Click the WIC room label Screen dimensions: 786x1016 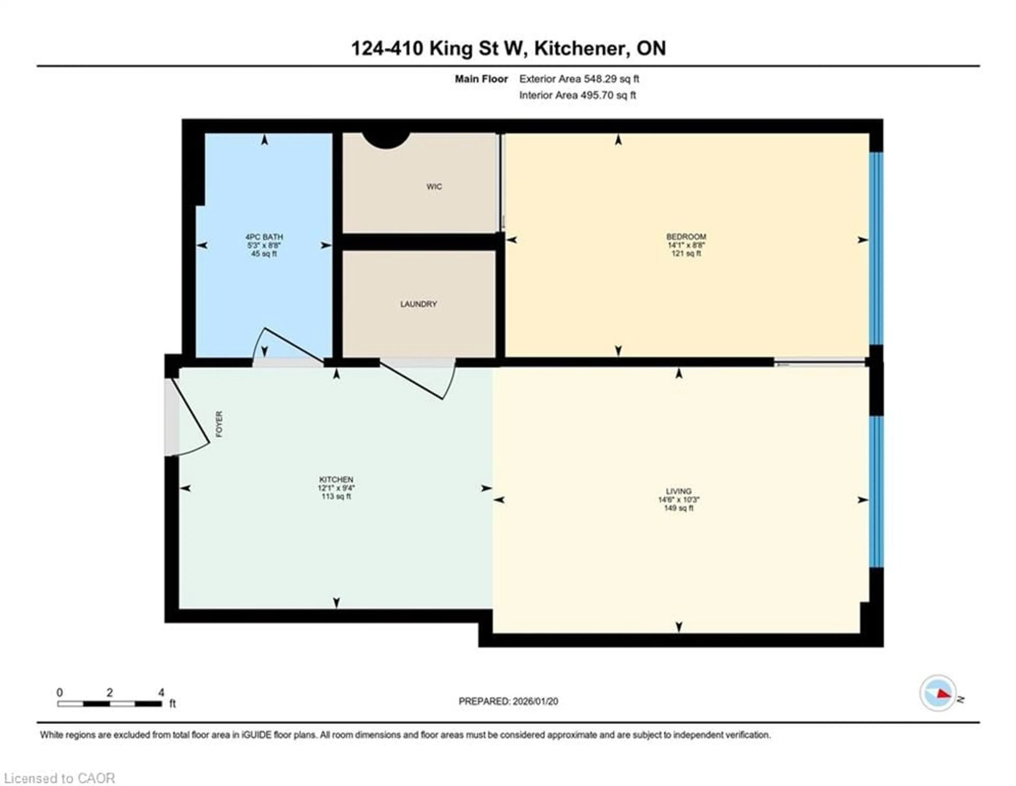pyautogui.click(x=434, y=187)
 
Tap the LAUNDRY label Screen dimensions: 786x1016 pyautogui.click(x=418, y=304)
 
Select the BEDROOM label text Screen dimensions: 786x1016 pyautogui.click(x=686, y=236)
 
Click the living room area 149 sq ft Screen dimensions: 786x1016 pyautogui.click(x=678, y=508)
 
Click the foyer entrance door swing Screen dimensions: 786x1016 pyautogui.click(x=191, y=419)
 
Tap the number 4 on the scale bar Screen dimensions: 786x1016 pyautogui.click(x=161, y=693)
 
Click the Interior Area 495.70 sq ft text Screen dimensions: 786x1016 pyautogui.click(x=577, y=95)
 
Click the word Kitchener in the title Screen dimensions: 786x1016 pyautogui.click(x=579, y=48)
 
